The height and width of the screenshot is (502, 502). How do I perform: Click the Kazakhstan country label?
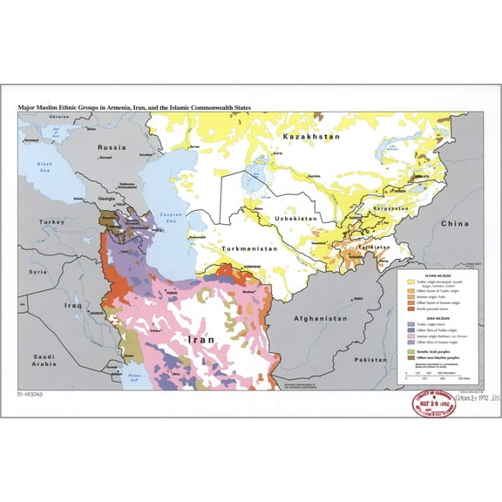tap(311, 139)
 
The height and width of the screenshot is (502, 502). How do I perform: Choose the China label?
tap(453, 224)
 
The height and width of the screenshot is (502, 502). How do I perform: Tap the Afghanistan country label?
tap(322, 320)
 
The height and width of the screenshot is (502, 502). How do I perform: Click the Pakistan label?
tap(370, 359)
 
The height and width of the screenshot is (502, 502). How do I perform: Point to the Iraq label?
tap(71, 306)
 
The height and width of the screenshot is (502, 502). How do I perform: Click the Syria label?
tap(37, 272)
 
